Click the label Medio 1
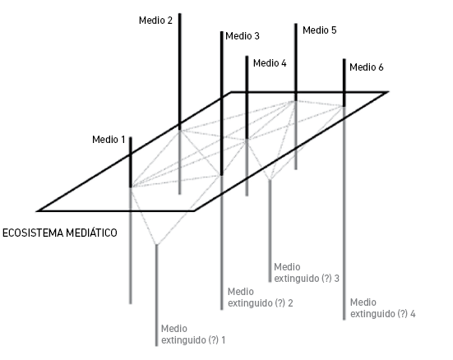[x=109, y=140]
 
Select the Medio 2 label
[x=155, y=21]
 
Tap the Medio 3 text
[x=243, y=36]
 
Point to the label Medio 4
[x=270, y=63]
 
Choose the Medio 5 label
[x=320, y=30]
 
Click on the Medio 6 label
[x=367, y=67]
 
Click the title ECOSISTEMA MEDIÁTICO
[x=60, y=233]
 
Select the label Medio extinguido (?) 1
[x=193, y=335]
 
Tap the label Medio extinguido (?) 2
[x=261, y=298]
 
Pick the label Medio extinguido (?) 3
[x=307, y=272]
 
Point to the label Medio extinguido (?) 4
[x=383, y=308]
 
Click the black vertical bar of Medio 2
[x=180, y=72]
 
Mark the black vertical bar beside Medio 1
[x=131, y=163]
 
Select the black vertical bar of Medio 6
[x=344, y=83]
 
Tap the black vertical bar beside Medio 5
[x=296, y=62]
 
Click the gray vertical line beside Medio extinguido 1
[x=156, y=295]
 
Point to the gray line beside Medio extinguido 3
[x=270, y=231]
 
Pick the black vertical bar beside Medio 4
[x=247, y=98]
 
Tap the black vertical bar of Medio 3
[x=222, y=104]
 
